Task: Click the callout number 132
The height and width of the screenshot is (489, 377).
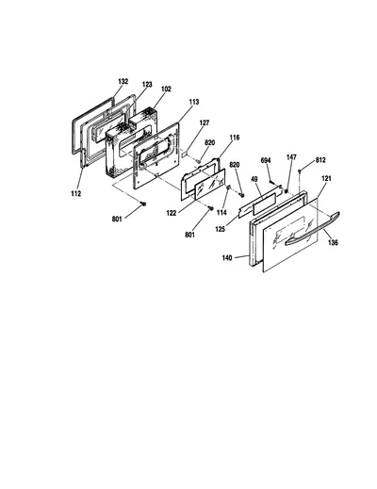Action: (123, 81)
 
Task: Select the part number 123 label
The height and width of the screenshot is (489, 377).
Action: (147, 85)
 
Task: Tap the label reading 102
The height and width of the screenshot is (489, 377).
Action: (166, 89)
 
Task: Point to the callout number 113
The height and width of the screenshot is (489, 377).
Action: (194, 102)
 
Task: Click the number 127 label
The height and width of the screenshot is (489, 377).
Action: (205, 122)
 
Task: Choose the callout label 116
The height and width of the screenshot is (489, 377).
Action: (235, 138)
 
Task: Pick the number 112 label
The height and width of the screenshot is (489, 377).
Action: (75, 194)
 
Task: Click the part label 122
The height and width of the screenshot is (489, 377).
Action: (172, 213)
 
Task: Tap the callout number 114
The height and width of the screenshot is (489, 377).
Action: (221, 213)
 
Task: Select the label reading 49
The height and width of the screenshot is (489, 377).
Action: (254, 179)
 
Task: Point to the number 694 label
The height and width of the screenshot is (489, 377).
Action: (266, 160)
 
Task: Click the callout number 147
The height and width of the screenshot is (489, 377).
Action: (291, 157)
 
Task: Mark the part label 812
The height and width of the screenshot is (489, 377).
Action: (320, 160)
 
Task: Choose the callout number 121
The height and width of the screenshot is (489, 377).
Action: (326, 178)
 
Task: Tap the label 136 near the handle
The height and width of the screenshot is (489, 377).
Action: (333, 242)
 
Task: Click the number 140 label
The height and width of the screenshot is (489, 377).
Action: (227, 258)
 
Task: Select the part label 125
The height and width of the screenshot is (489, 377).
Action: (220, 229)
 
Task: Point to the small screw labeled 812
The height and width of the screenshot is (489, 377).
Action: (300, 171)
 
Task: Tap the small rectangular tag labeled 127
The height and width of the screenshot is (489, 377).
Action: (185, 155)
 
